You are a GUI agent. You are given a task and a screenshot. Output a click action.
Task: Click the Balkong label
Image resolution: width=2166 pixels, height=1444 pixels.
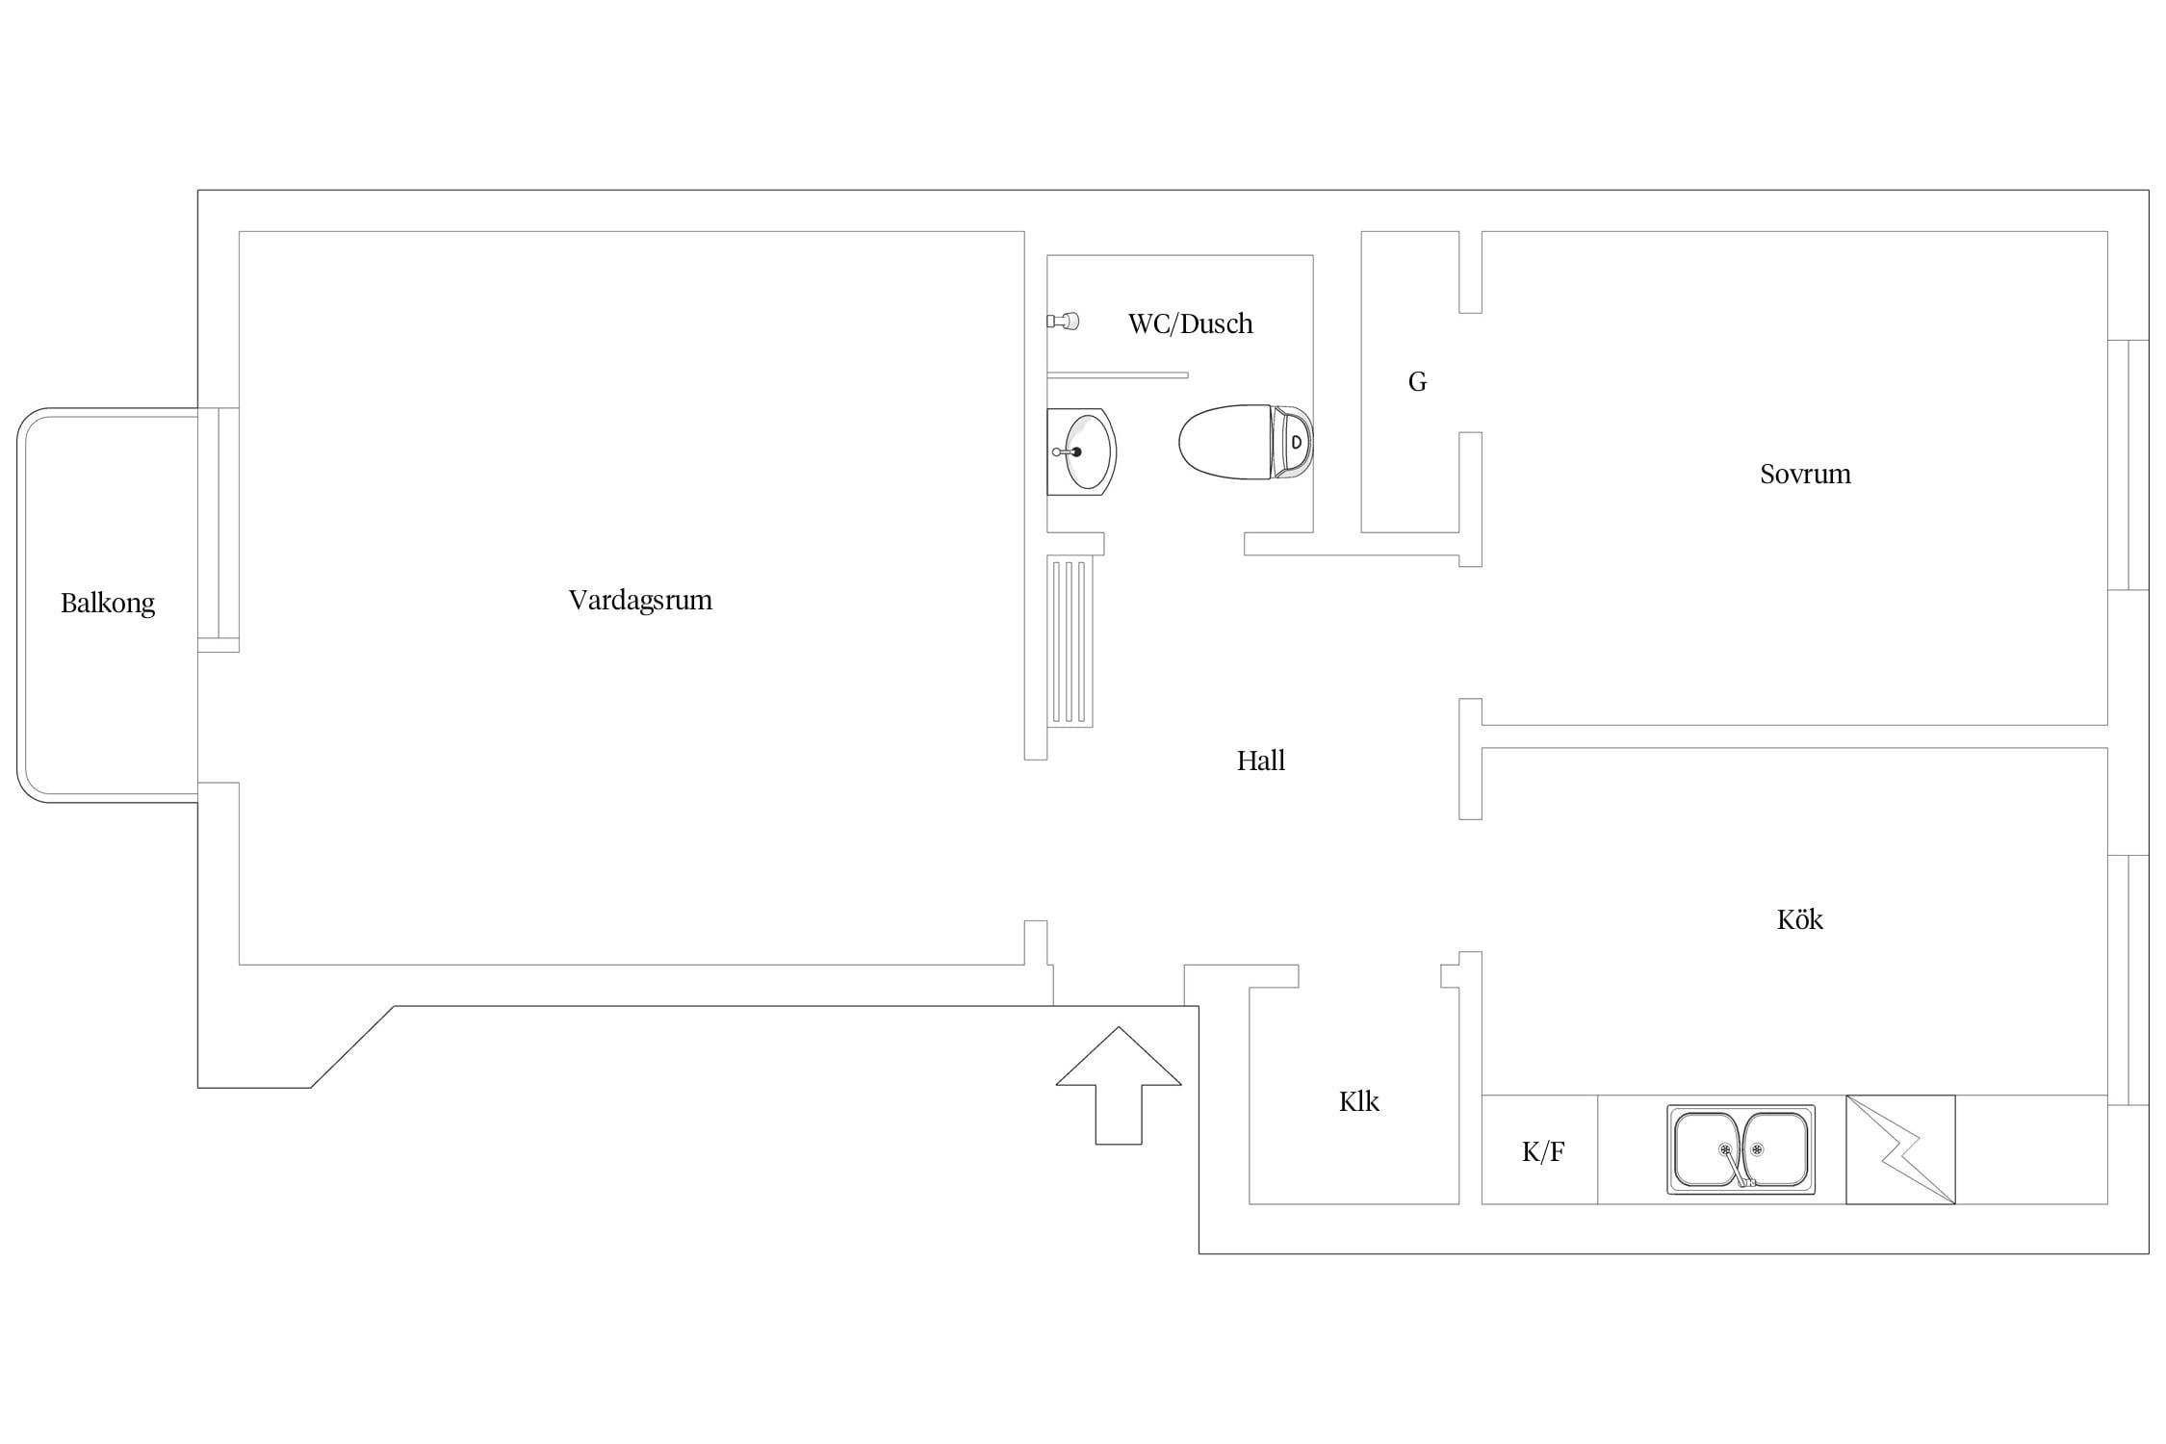[x=108, y=604]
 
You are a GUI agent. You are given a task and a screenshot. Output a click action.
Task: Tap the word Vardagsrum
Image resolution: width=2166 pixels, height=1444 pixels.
[x=640, y=601]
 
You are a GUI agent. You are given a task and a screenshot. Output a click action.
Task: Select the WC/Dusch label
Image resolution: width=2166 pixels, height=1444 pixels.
[x=1191, y=323]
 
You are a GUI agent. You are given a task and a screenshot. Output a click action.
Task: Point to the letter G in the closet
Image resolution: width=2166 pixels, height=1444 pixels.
[x=1417, y=382]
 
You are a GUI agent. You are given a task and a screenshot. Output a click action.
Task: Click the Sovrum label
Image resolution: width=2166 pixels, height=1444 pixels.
[x=1805, y=474]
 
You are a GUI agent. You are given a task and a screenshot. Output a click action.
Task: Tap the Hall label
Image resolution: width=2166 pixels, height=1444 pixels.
[x=1261, y=761]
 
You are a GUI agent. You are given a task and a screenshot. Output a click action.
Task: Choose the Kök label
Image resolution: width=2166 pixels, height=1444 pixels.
[x=1799, y=919]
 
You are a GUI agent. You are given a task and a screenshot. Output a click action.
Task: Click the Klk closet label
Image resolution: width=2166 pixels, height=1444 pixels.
[x=1358, y=1101]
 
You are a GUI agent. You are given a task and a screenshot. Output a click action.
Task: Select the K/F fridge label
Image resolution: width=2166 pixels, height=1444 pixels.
[x=1543, y=1151]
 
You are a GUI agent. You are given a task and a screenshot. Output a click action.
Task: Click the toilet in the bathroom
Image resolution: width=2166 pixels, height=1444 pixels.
[x=1246, y=442]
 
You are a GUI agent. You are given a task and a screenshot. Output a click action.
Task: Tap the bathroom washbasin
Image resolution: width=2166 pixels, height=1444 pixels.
[x=1081, y=451]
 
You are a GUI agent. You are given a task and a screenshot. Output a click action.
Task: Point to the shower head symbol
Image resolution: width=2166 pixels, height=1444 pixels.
[x=1063, y=321]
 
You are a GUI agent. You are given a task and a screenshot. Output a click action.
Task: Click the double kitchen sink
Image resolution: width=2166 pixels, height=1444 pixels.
[x=1741, y=1149]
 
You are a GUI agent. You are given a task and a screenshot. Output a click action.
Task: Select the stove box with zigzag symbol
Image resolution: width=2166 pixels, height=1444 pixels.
[x=1900, y=1149]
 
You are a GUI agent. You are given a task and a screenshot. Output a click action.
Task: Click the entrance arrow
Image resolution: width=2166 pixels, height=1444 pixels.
[x=1119, y=1085]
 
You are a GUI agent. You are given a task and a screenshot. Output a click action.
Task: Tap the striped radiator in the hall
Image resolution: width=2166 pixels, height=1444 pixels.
[x=1070, y=641]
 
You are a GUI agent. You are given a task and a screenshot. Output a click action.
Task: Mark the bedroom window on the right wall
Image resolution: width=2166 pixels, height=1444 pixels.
[x=2127, y=465]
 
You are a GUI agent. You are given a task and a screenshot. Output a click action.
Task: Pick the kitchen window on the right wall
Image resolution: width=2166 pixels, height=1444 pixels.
[x=2127, y=980]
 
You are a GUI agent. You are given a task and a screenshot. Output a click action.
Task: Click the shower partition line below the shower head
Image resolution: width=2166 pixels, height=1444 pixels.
[x=1118, y=375]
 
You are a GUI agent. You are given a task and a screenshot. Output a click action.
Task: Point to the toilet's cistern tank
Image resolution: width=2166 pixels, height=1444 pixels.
[x=1293, y=442]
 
